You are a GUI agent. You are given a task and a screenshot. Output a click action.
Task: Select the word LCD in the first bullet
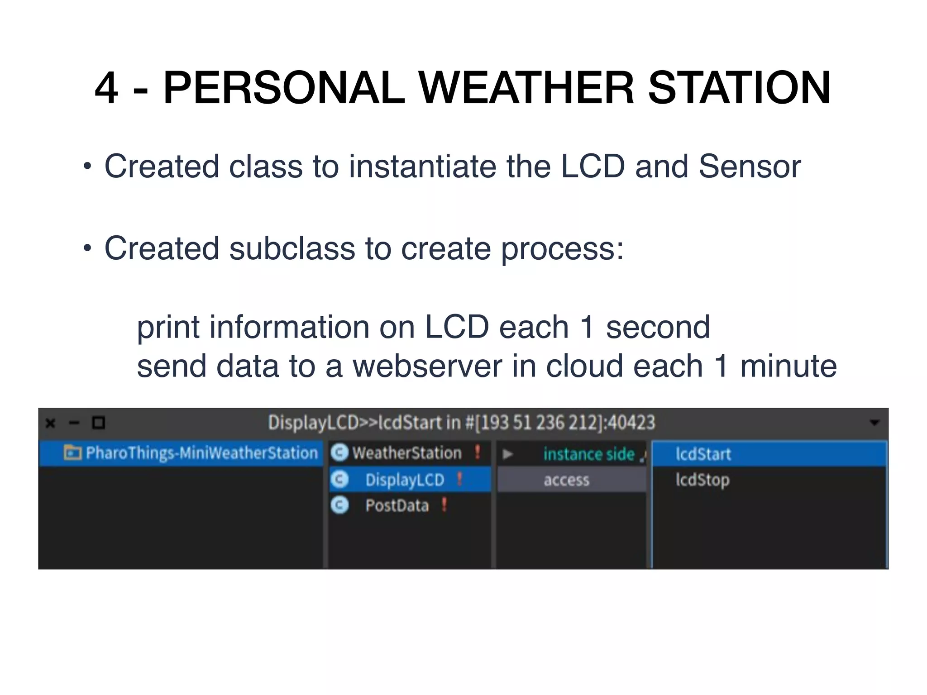pyautogui.click(x=593, y=166)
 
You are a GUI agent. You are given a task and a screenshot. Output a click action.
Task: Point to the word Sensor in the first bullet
pyautogui.click(x=750, y=166)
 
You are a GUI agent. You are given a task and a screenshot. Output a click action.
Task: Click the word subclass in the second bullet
pyautogui.click(x=292, y=248)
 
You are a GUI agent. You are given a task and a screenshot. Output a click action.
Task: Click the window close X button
pyautogui.click(x=51, y=423)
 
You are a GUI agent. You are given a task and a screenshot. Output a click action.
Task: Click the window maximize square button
pyautogui.click(x=99, y=423)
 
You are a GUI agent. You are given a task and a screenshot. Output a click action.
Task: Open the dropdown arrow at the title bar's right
pyautogui.click(x=874, y=423)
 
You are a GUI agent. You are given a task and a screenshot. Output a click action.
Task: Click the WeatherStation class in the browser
pyautogui.click(x=406, y=453)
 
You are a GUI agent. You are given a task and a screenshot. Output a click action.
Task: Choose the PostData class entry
pyautogui.click(x=397, y=505)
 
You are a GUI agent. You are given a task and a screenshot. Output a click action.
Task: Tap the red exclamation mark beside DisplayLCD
pyautogui.click(x=459, y=479)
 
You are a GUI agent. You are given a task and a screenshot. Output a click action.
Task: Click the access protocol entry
pyautogui.click(x=566, y=480)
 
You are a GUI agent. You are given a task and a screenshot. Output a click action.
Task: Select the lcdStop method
pyautogui.click(x=702, y=480)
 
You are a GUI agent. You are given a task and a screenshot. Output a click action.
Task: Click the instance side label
pyautogui.click(x=588, y=454)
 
